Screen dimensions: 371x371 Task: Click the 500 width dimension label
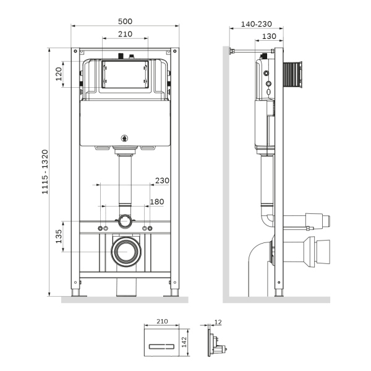pos(126,21)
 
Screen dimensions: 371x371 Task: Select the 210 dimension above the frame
pos(126,34)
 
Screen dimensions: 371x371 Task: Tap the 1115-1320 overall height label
pos(45,171)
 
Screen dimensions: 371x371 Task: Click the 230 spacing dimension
pos(161,181)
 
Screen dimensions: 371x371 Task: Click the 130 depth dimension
pos(268,36)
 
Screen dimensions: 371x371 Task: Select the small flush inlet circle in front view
pos(126,220)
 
